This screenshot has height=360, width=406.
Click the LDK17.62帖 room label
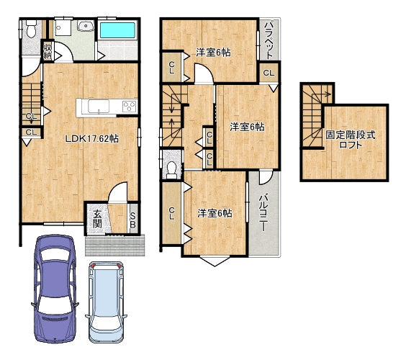(92, 139)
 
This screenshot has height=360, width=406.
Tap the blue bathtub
(117, 30)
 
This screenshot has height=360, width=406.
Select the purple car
(55, 289)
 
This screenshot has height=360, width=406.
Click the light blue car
(106, 302)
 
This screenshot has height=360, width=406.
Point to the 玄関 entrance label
(97, 219)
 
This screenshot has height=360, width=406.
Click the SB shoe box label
(132, 220)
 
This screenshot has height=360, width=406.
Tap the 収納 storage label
(48, 51)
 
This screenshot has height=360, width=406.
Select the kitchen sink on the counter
(99, 106)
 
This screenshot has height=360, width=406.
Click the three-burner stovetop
(129, 106)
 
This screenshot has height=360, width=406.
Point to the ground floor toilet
(32, 29)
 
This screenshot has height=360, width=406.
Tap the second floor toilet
(171, 170)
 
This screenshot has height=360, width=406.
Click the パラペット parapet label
(270, 40)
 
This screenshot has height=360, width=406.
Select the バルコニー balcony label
(263, 212)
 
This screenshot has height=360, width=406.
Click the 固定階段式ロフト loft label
(350, 140)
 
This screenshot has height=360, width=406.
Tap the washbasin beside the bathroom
(86, 26)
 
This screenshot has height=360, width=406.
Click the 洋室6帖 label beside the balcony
(215, 213)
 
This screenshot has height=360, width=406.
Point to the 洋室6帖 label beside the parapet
(213, 53)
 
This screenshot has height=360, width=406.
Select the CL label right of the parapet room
(269, 73)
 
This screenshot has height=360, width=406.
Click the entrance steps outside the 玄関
(115, 246)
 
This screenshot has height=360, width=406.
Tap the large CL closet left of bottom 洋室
(171, 213)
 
